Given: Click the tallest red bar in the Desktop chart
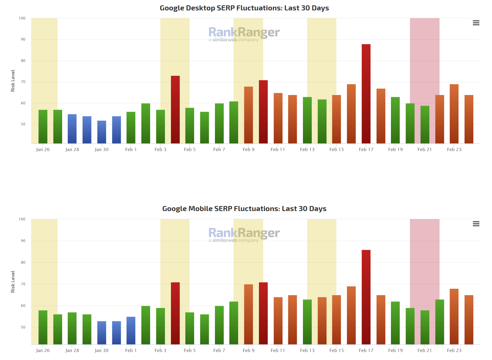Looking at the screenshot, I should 366,93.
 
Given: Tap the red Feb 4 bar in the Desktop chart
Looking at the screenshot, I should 175,109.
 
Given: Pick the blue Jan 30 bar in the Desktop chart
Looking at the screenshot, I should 102,132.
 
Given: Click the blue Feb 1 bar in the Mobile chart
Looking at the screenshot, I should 131,330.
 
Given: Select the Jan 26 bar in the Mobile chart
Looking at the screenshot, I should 43,327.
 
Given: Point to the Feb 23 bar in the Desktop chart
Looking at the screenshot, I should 454,114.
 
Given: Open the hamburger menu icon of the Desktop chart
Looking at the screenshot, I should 476,23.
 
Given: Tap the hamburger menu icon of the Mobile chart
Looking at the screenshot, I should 476,224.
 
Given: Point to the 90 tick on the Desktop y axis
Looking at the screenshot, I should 23,39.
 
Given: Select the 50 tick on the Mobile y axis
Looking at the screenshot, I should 23,327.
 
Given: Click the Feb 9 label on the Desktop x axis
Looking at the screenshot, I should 249,149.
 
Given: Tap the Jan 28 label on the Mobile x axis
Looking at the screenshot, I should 72,350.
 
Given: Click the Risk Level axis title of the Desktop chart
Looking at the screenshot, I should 13,81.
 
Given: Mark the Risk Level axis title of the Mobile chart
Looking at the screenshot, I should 13,282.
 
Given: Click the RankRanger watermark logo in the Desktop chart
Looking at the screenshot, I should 244,34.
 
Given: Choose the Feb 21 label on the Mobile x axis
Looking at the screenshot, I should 425,350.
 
